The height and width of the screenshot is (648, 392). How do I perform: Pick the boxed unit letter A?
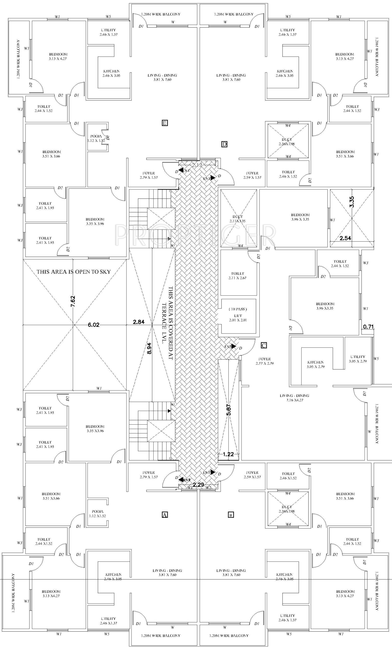(x=165, y=515)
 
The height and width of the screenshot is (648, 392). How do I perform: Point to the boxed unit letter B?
(x=231, y=515)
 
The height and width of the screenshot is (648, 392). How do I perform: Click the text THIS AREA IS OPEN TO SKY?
(x=74, y=272)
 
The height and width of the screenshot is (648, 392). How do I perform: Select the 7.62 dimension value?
(x=73, y=301)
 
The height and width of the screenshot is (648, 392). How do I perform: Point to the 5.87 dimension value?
(x=229, y=409)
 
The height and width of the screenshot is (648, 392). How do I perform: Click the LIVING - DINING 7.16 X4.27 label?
(x=294, y=398)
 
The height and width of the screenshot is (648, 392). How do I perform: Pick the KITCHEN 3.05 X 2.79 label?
(x=316, y=364)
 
